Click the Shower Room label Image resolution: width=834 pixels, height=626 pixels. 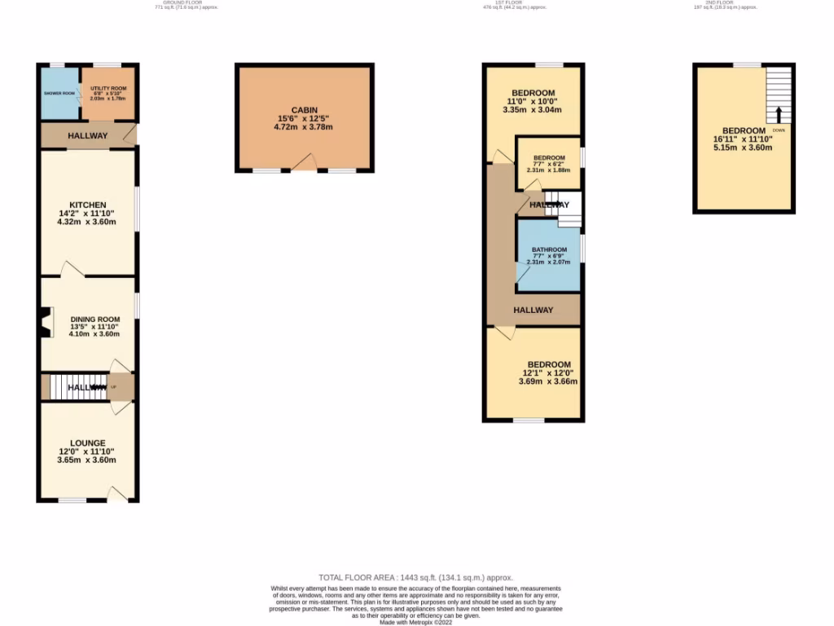click(59, 93)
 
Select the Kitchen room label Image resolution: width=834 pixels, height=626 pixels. click(88, 205)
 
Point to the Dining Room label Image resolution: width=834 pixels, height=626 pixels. click(94, 319)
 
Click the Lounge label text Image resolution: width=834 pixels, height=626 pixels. click(88, 443)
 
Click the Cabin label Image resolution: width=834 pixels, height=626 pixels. click(304, 110)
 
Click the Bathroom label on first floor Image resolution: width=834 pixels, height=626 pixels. click(549, 249)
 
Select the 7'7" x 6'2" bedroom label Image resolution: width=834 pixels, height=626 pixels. click(549, 157)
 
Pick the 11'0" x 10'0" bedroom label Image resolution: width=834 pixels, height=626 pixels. click(533, 93)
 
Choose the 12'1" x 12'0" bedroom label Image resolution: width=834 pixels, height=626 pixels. click(549, 364)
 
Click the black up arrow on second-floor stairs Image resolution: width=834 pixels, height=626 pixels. click(778, 114)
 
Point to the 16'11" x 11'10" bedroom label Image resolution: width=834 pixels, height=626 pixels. click(744, 130)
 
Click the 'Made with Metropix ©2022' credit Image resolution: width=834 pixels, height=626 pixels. click(416, 622)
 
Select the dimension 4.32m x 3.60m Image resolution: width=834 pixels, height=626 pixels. click(87, 222)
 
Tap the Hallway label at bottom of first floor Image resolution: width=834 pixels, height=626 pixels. click(533, 310)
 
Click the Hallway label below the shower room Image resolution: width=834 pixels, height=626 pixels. click(87, 135)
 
